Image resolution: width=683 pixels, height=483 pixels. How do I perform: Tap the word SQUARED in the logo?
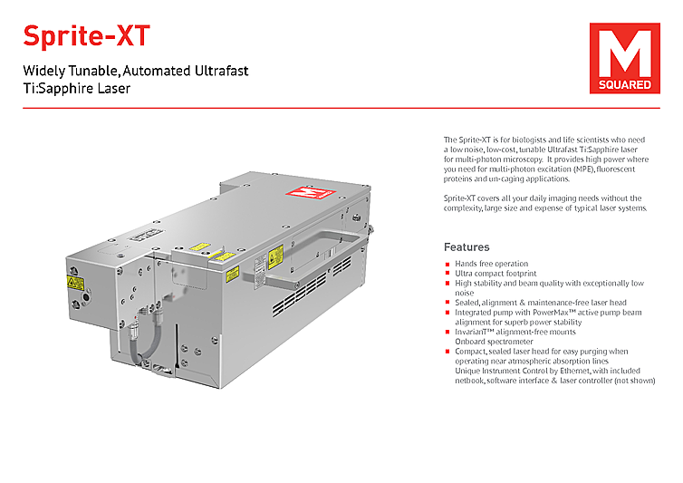[620, 84]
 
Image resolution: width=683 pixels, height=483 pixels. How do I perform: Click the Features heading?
[467, 246]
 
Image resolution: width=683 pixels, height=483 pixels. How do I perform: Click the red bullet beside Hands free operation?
[447, 265]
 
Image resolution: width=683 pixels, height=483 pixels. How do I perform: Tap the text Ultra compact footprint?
[495, 273]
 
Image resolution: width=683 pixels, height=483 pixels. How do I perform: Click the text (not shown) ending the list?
[633, 381]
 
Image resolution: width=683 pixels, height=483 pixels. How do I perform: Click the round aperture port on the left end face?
[86, 297]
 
